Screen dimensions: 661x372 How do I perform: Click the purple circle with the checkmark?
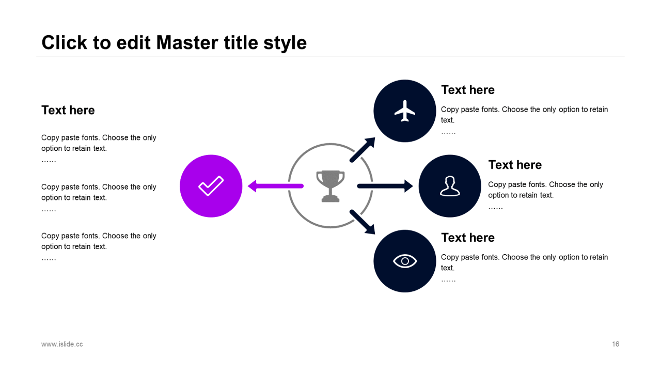(211, 186)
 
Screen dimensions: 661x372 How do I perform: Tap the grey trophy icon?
(330, 186)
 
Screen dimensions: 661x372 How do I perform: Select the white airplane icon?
(405, 111)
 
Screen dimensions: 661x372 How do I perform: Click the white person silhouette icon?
(450, 186)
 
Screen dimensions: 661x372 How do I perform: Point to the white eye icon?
(405, 261)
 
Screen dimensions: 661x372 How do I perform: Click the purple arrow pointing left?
(276, 186)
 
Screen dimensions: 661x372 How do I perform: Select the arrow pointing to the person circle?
(385, 186)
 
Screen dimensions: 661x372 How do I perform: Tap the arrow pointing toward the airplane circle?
(363, 150)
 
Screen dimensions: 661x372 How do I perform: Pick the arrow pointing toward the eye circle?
(363, 222)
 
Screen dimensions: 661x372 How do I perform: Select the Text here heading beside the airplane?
(468, 90)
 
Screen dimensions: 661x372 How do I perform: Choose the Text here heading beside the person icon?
(515, 165)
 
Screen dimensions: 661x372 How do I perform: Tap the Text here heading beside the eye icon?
(468, 237)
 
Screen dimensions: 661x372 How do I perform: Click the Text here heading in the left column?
(68, 110)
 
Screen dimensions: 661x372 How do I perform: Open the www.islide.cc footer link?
(62, 344)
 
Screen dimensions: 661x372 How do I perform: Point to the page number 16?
(616, 344)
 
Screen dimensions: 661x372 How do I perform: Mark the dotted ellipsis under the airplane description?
(448, 133)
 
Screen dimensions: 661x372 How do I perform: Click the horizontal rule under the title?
(330, 56)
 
